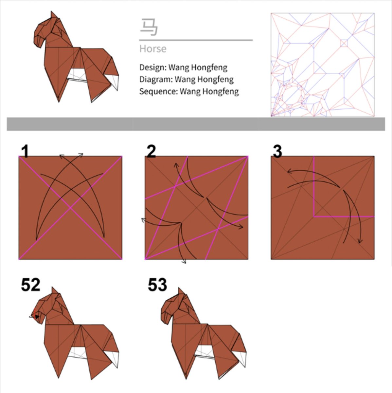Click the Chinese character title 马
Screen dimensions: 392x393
149,27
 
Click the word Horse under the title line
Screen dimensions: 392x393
153,49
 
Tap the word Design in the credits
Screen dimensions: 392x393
152,67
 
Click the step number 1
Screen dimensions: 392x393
25,152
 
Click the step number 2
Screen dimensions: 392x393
151,152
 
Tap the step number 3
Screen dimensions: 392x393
277,152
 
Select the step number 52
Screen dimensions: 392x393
30,285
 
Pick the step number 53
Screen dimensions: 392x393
157,285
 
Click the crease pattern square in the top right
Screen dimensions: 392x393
323,65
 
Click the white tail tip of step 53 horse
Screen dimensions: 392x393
242,359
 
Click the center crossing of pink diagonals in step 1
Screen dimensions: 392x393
70,208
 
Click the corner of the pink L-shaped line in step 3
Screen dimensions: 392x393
314,216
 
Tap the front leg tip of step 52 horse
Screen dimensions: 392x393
59,378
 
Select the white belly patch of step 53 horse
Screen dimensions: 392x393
204,352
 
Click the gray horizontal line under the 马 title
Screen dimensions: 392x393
196,40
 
